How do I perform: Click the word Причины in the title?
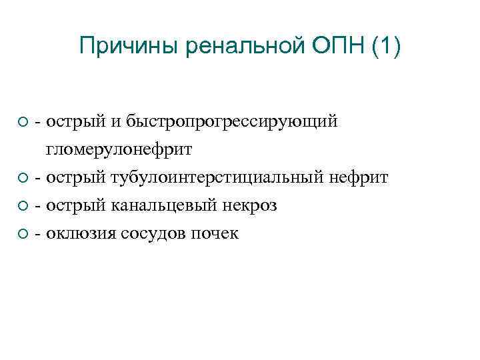pyautogui.click(x=129, y=47)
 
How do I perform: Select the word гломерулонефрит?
pyautogui.click(x=119, y=150)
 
